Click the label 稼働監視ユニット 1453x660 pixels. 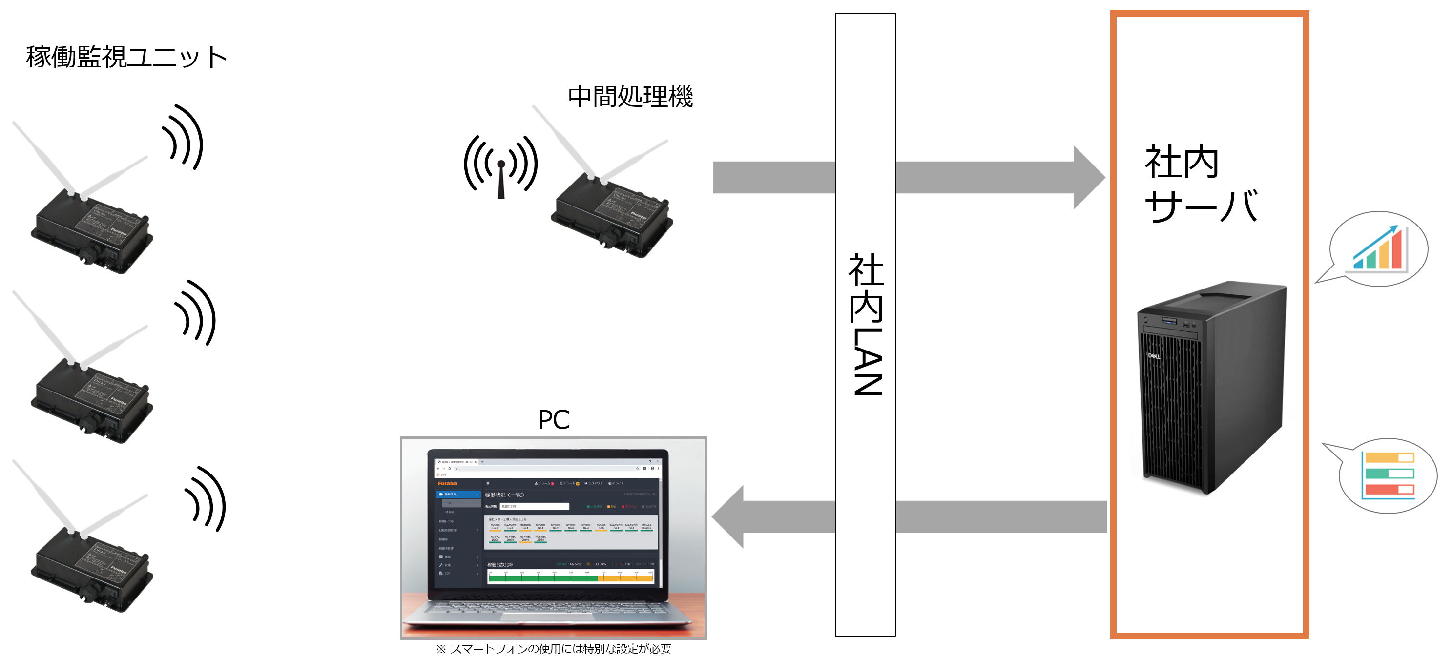[126, 57]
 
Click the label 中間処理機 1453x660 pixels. [630, 97]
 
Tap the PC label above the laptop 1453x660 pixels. [553, 420]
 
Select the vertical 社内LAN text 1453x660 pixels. [866, 324]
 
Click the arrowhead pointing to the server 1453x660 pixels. [1088, 178]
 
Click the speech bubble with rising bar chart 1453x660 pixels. [1380, 249]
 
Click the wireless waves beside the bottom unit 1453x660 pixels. [206, 499]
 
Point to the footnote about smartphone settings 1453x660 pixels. [553, 649]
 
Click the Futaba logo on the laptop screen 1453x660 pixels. [447, 483]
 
